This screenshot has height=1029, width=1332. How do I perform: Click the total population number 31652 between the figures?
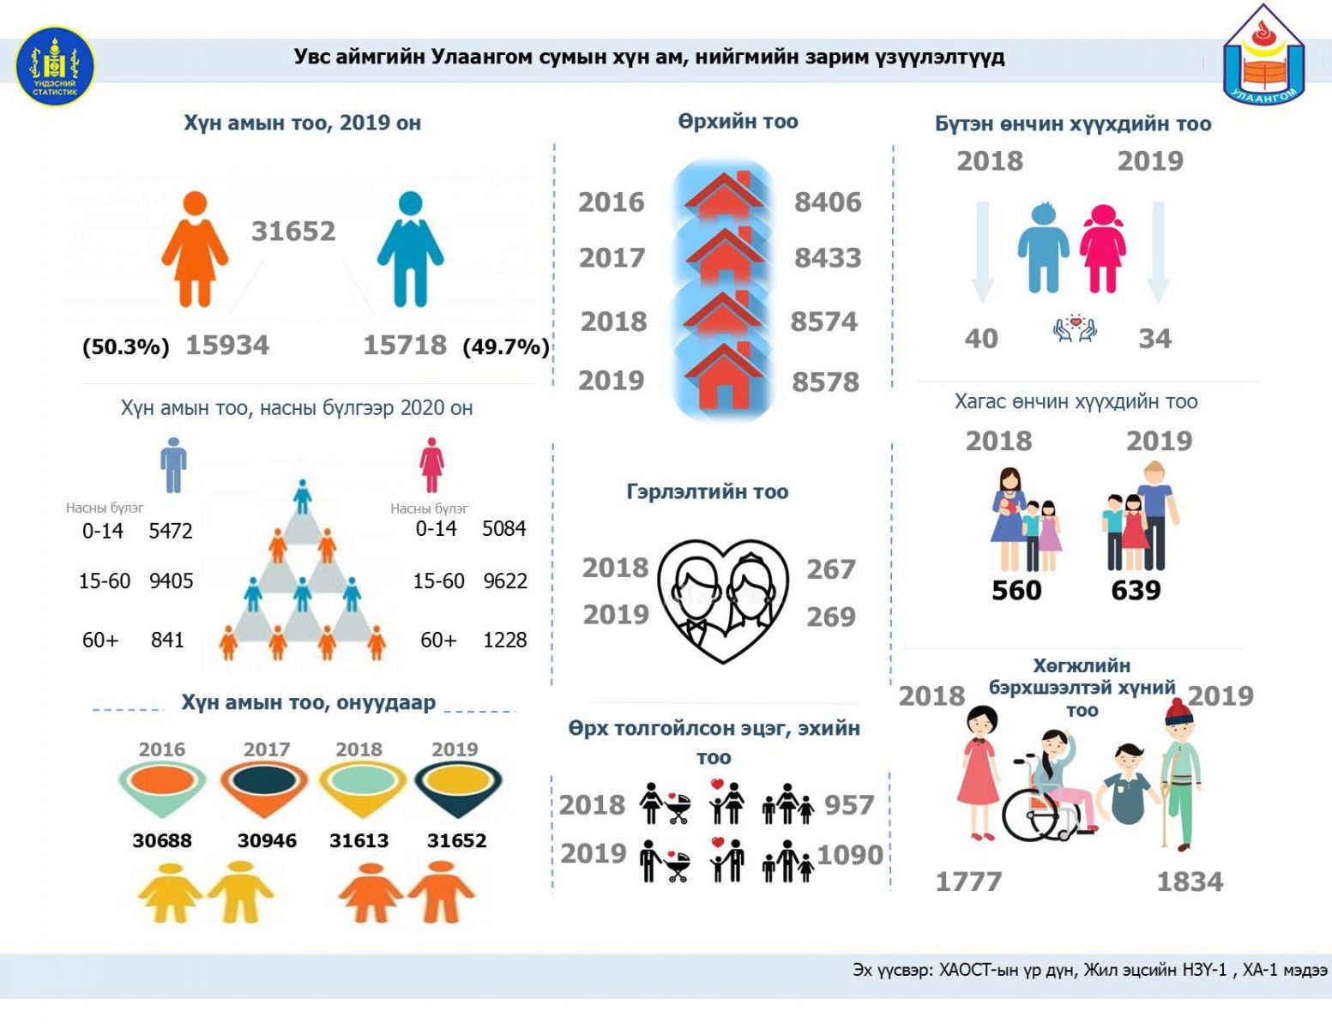293,231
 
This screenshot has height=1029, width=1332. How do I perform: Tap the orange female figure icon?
195,249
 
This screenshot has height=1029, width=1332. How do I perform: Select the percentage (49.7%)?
506,347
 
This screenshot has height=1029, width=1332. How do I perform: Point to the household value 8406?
828,202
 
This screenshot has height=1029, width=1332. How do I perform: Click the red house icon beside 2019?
724,376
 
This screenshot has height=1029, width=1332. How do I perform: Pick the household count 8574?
824,322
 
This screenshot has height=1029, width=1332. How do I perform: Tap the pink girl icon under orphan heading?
1103,248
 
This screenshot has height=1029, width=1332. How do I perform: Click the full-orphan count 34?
1154,339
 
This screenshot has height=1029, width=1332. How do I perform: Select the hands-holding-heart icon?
1076,328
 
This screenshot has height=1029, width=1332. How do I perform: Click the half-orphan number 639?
1136,590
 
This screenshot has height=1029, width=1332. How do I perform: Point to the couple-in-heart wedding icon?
723,600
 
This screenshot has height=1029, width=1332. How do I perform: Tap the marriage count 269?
830,617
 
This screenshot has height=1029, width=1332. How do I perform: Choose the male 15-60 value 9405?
171,581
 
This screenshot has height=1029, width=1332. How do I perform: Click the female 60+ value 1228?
504,640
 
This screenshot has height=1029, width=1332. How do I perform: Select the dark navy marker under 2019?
458,790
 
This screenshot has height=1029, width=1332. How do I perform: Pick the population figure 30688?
162,840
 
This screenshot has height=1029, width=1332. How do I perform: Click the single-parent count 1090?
850,854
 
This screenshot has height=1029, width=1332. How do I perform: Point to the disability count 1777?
968,882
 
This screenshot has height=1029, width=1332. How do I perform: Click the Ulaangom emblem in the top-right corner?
1263,54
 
